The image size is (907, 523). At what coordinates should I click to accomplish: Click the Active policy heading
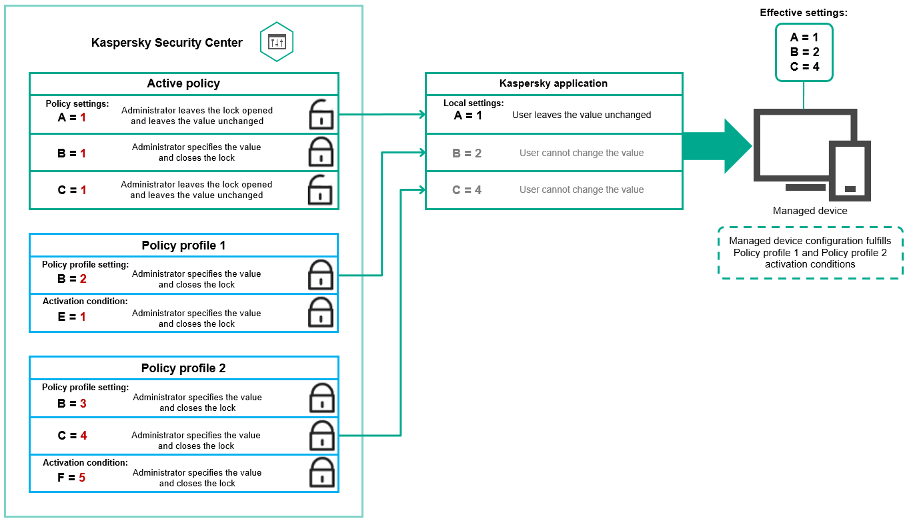point(183,83)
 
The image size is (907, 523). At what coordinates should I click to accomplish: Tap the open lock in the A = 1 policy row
point(321,115)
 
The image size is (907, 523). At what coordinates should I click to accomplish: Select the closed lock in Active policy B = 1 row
point(321,152)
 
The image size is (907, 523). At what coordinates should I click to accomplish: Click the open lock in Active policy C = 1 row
point(321,189)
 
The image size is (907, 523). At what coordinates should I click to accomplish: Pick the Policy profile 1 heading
point(183,245)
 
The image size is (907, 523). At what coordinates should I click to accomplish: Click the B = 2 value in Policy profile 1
point(72,279)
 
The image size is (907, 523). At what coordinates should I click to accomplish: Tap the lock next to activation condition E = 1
point(321,312)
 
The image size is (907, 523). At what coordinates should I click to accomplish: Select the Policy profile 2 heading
point(183,368)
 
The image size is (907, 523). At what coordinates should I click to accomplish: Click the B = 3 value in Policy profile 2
point(72,404)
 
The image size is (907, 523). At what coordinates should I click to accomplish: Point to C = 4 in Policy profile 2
point(72,436)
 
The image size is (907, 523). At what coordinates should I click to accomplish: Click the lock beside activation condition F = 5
point(322,473)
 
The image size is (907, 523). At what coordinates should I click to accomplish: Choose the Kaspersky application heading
point(554,83)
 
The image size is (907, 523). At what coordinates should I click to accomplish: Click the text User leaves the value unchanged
point(582,115)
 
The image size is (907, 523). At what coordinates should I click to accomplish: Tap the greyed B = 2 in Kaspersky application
point(467,153)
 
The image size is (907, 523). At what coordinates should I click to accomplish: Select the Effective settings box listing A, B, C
point(804,52)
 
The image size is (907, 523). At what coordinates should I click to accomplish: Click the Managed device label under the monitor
point(810,211)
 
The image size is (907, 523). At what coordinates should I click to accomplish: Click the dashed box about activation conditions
point(810,252)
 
